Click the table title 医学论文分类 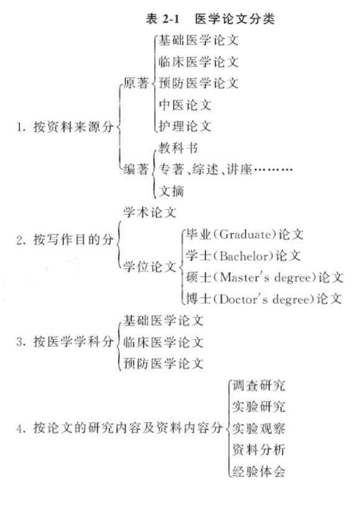pyautogui.click(x=234, y=19)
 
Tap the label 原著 pyautogui.click(x=136, y=83)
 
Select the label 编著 pyautogui.click(x=136, y=169)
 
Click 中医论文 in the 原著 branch pyautogui.click(x=185, y=104)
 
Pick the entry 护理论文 pyautogui.click(x=185, y=126)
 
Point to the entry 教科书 pyautogui.click(x=178, y=148)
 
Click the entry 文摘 pyautogui.click(x=172, y=191)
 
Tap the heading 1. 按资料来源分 pyautogui.click(x=65, y=127)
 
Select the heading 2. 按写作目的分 pyautogui.click(x=65, y=239)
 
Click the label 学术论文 pyautogui.click(x=150, y=212)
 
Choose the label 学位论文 pyautogui.click(x=150, y=267)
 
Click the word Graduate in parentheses pyautogui.click(x=244, y=234)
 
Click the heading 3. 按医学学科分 pyautogui.click(x=65, y=341)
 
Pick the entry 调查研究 pyautogui.click(x=259, y=385)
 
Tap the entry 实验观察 pyautogui.click(x=259, y=429)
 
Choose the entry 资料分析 pyautogui.click(x=259, y=450)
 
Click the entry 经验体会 pyautogui.click(x=259, y=471)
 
